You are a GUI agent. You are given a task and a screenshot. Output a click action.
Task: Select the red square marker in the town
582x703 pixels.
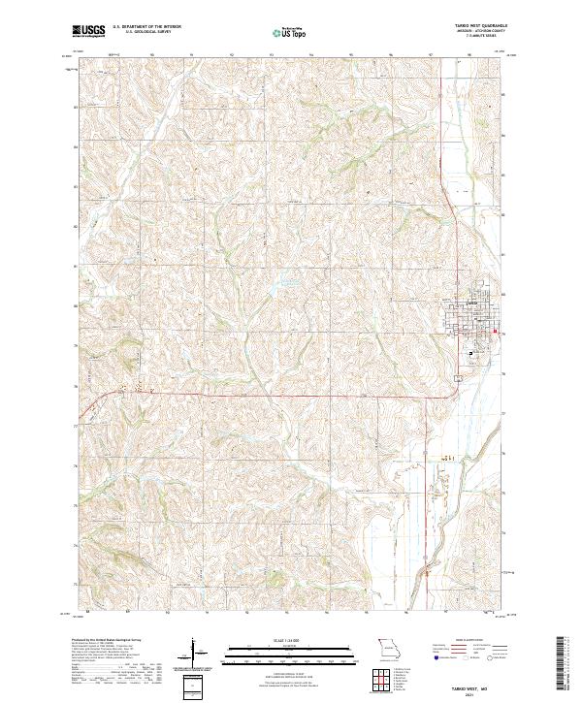pos(495,333)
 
